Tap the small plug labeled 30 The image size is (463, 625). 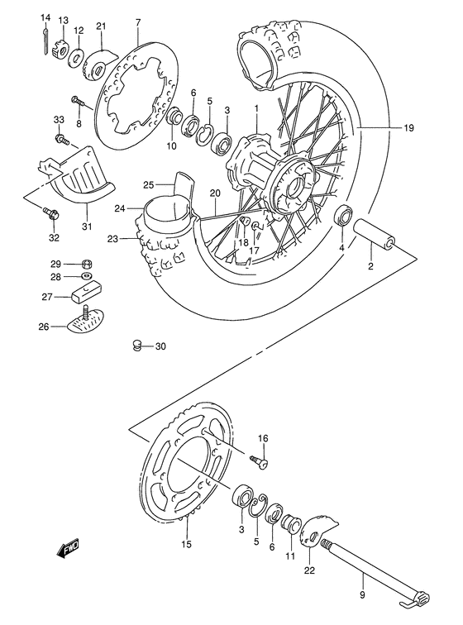coord(139,346)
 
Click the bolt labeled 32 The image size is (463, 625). coord(51,215)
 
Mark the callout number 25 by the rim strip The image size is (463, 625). coord(149,184)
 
